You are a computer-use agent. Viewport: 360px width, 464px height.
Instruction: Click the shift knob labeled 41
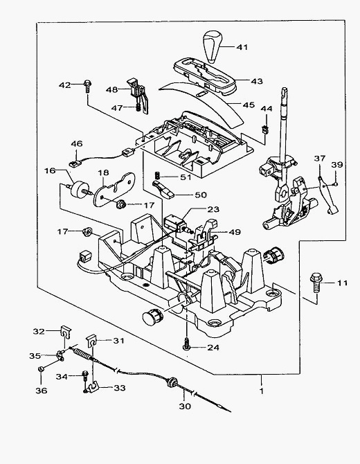click(x=212, y=46)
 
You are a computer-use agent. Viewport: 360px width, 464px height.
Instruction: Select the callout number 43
click(x=257, y=81)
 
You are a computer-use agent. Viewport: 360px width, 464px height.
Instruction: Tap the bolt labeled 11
click(x=316, y=283)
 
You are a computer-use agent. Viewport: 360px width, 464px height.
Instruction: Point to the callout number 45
click(x=249, y=105)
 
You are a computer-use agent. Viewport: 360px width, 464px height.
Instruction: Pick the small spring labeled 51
click(x=159, y=175)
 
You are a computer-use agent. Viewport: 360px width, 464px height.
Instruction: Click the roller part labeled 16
click(x=78, y=189)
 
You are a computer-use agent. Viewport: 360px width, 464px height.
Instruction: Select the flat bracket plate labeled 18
click(x=114, y=189)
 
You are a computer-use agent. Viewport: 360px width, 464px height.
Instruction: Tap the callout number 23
click(x=213, y=209)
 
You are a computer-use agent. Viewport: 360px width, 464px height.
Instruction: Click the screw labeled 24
click(x=186, y=344)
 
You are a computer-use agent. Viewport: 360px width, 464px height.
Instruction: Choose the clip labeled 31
click(x=93, y=341)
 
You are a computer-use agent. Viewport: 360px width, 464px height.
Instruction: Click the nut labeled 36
click(x=41, y=368)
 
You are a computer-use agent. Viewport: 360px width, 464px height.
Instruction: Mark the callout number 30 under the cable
click(x=185, y=407)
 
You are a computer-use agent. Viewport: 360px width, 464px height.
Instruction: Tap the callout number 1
click(x=262, y=391)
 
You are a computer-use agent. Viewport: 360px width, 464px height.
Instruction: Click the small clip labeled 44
click(x=265, y=130)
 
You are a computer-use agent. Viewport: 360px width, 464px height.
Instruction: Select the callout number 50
click(x=201, y=195)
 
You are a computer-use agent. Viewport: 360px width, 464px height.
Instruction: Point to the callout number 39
click(x=337, y=165)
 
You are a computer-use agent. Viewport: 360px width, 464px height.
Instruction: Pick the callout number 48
click(x=112, y=89)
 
